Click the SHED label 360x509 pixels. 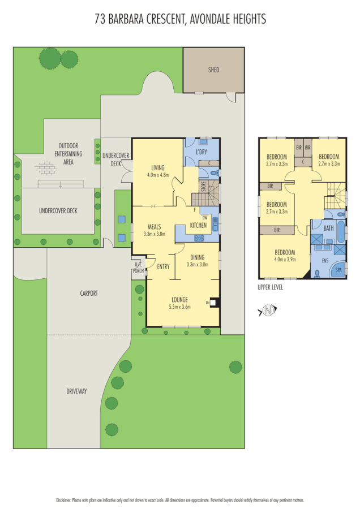click(x=213, y=70)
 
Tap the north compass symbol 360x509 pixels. click(x=269, y=310)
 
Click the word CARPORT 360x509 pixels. click(x=89, y=294)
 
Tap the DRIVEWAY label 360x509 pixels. click(x=76, y=391)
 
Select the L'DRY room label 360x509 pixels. click(x=201, y=153)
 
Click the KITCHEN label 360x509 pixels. click(x=198, y=226)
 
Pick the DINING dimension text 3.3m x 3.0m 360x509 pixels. click(x=198, y=264)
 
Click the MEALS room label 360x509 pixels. click(x=155, y=226)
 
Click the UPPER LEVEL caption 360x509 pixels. click(x=270, y=287)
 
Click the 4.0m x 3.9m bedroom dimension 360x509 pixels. click(x=285, y=260)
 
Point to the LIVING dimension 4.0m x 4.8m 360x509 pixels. click(x=158, y=175)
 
